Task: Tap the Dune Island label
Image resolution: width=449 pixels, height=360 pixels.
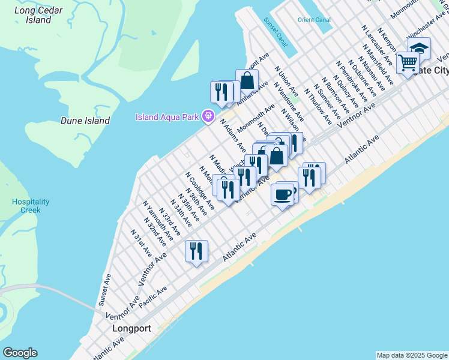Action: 85,121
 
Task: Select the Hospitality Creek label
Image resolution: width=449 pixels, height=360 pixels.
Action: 31,206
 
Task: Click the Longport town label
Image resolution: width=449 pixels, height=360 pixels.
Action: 131,329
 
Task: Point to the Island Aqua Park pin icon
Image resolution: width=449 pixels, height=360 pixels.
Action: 208,116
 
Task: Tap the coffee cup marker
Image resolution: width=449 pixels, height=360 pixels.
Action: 282,194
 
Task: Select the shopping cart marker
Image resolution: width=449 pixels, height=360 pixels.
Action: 408,62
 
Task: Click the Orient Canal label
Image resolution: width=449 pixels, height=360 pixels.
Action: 314,20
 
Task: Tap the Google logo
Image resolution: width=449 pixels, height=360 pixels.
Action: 20,353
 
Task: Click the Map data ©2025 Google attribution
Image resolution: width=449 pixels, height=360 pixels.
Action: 412,355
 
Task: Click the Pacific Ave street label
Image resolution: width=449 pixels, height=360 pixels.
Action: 152,298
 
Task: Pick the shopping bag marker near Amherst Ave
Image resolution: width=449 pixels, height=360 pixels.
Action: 247,80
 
